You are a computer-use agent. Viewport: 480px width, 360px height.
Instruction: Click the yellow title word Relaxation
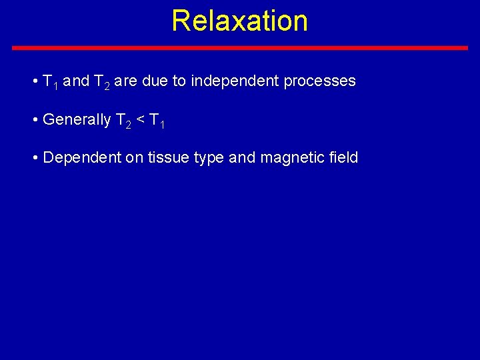pos(239,21)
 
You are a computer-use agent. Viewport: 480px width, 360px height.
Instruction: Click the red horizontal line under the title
pos(240,48)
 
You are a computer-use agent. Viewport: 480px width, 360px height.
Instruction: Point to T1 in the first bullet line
pos(50,82)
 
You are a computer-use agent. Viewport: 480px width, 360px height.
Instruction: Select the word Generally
pos(76,120)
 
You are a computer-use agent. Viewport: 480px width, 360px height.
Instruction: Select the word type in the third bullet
pos(213,159)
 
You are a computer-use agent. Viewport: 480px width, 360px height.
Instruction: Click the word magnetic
pos(288,158)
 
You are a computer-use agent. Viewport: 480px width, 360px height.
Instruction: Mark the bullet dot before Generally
pos(35,121)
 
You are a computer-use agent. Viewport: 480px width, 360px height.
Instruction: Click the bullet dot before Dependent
pos(35,159)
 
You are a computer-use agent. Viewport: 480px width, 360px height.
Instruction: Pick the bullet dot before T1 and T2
pos(35,82)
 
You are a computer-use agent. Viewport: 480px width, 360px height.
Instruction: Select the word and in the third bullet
pos(242,158)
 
